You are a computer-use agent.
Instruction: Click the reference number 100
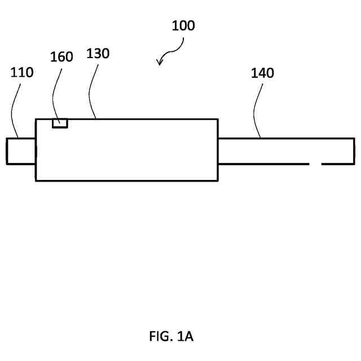pyautogui.click(x=182, y=26)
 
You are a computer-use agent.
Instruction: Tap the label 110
pyautogui.click(x=22, y=72)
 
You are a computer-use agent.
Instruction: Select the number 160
pyautogui.click(x=61, y=58)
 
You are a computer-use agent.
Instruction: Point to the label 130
pyautogui.click(x=98, y=54)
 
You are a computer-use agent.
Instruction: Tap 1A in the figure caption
pyautogui.click(x=185, y=337)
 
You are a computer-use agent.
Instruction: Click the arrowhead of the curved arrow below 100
pyautogui.click(x=160, y=63)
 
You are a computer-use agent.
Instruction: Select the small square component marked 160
pyautogui.click(x=60, y=123)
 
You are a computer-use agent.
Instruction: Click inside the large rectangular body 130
pyautogui.click(x=127, y=150)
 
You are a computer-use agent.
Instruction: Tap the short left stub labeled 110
pyautogui.click(x=21, y=151)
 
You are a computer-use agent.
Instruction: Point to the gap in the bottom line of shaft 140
pyautogui.click(x=315, y=164)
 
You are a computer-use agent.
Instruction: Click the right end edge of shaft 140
pyautogui.click(x=354, y=151)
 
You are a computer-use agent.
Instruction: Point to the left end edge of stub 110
pyautogui.click(x=7, y=151)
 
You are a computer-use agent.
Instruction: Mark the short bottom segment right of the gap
pyautogui.click(x=338, y=164)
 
